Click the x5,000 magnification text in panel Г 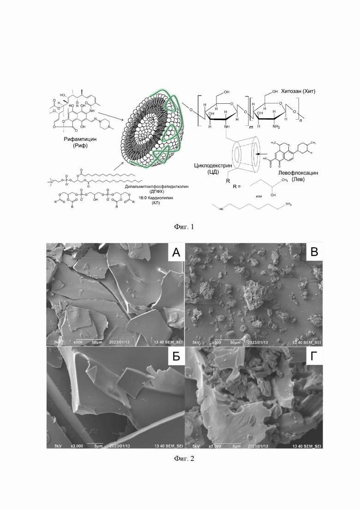tap(216, 447)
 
